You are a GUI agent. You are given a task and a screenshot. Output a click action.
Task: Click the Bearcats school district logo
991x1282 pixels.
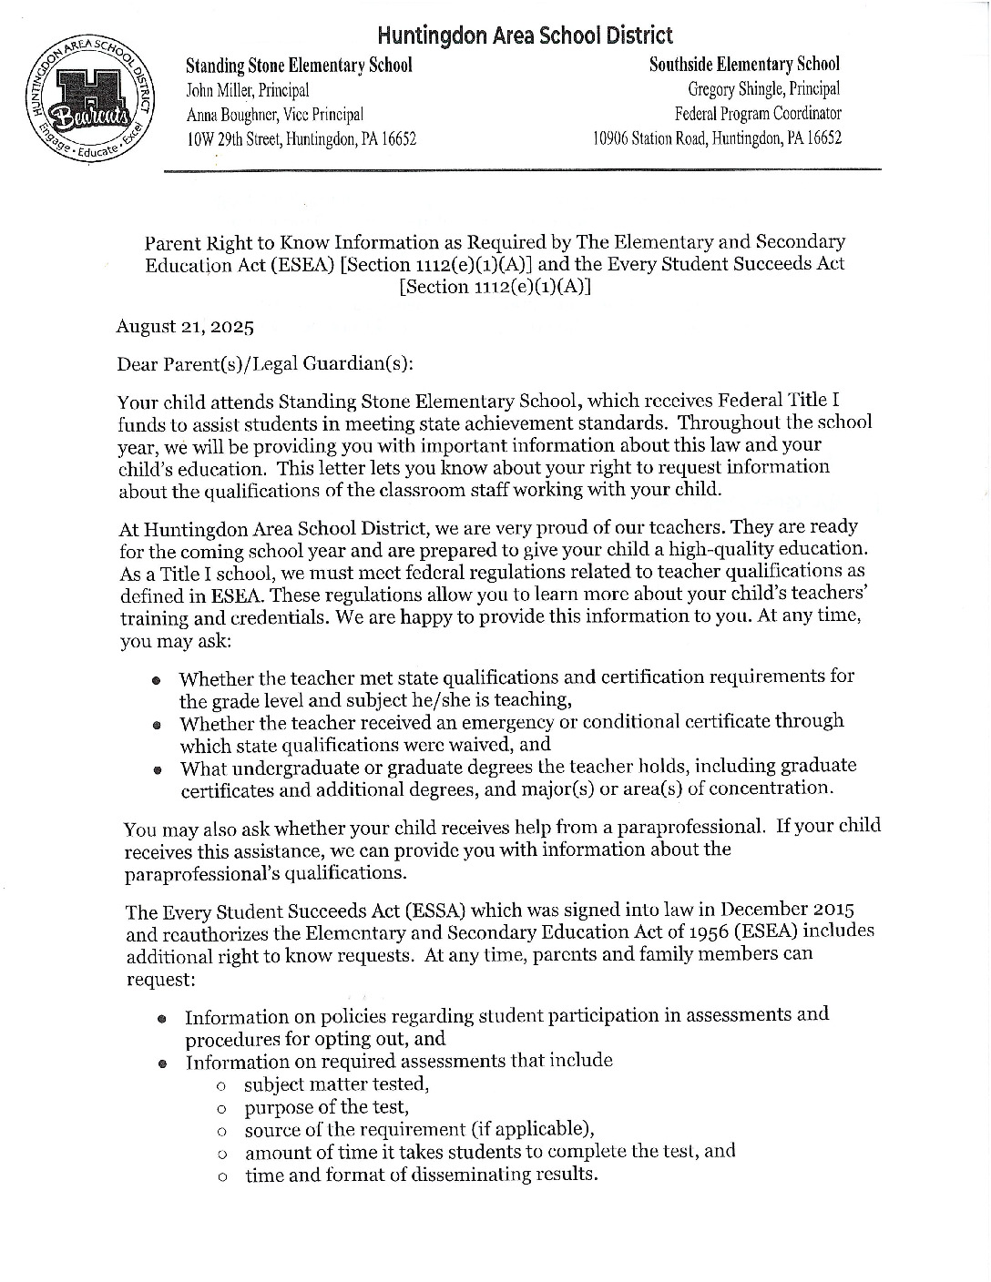[90, 103]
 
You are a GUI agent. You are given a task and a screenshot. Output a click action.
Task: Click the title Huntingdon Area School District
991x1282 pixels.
[526, 36]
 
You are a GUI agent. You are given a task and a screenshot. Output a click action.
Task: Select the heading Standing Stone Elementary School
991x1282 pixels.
[299, 66]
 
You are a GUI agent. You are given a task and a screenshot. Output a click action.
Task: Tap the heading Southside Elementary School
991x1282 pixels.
[744, 65]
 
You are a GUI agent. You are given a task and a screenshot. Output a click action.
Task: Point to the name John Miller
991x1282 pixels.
[220, 90]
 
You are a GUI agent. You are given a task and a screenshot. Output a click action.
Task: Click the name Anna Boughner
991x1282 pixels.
[230, 115]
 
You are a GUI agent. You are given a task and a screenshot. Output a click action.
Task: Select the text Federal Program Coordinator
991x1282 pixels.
[758, 114]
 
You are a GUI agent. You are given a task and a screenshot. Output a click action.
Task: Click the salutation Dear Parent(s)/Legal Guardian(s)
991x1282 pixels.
[265, 364]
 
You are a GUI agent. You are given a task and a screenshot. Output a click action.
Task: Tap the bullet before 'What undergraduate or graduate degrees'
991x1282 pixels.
[158, 768]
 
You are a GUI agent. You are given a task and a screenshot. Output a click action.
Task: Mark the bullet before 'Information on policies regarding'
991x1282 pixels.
[162, 1018]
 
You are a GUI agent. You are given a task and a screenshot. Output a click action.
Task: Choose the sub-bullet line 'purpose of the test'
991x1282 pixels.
[326, 1107]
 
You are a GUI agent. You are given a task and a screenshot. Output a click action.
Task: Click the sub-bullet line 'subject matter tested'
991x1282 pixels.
[336, 1084]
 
